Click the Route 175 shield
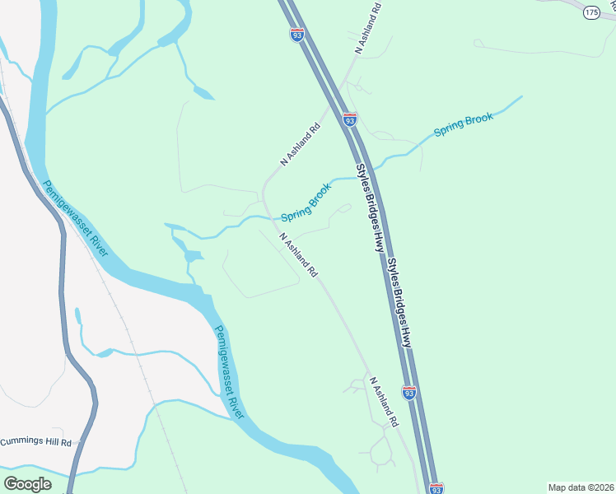coord(590,12)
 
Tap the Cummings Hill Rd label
coord(36,441)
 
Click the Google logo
coord(27,484)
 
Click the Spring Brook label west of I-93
coord(306,203)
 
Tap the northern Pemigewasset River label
coord(76,218)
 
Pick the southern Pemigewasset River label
coord(230,372)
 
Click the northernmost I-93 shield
coord(297,35)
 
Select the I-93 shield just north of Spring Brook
coord(350,119)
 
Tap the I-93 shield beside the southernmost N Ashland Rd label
coord(409,393)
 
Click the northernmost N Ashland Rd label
coord(369,29)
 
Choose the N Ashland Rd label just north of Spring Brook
coord(299,146)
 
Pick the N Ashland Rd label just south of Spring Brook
coord(298,254)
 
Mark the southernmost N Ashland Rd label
coord(384,402)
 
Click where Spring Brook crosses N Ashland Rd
coord(268,217)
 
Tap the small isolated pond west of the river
coord(78,315)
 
